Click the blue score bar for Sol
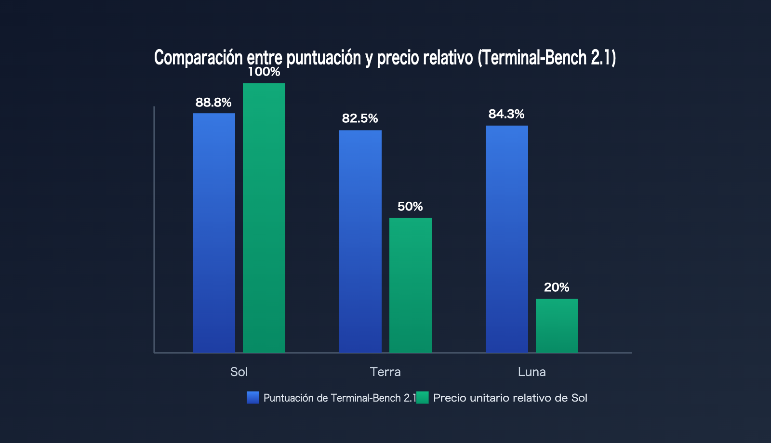click(214, 233)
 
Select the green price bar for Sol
click(264, 218)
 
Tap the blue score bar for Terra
click(360, 241)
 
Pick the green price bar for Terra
click(410, 286)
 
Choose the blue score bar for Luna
click(506, 239)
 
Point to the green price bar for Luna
click(557, 326)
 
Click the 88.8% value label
click(213, 103)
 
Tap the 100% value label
click(264, 72)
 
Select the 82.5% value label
click(360, 118)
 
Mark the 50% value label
click(410, 207)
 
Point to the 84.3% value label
click(506, 114)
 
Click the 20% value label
click(557, 287)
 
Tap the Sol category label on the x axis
click(239, 372)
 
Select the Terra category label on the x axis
click(385, 372)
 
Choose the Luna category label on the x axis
click(532, 372)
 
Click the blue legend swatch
click(253, 398)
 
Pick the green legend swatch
click(423, 398)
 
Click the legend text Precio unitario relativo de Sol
click(510, 398)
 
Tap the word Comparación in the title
click(198, 57)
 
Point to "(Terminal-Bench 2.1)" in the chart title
click(546, 57)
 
